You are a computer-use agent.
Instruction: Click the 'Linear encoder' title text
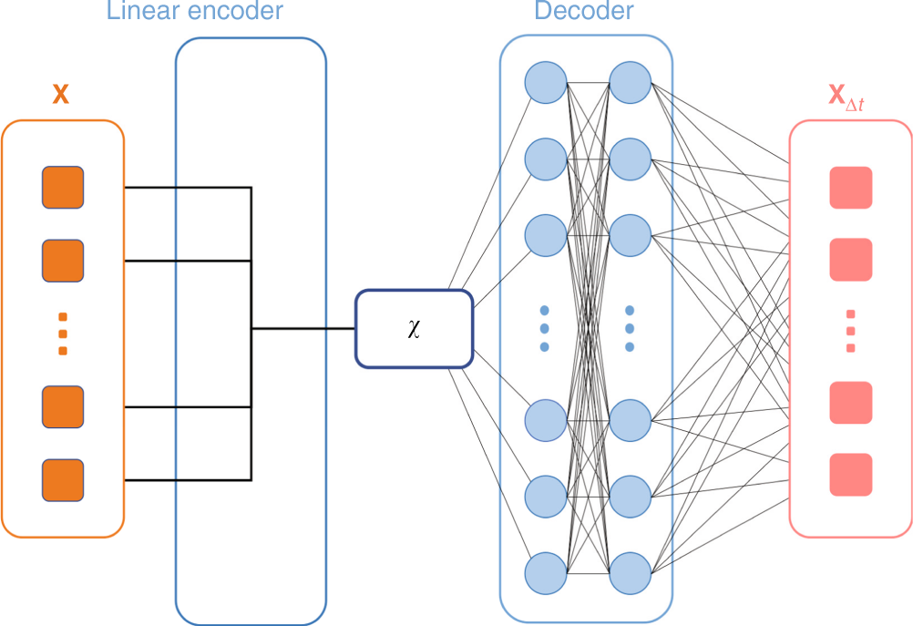[194, 11]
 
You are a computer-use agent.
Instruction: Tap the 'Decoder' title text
[584, 11]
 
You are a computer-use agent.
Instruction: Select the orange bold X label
[60, 94]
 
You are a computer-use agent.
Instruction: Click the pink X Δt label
[846, 97]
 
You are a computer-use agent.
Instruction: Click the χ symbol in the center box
[414, 328]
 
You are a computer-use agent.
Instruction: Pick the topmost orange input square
[63, 188]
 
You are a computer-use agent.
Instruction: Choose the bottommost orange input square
[63, 480]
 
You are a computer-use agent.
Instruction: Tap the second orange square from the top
[63, 261]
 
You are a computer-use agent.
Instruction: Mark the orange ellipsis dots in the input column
[63, 334]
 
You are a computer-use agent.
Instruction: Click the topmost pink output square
[851, 188]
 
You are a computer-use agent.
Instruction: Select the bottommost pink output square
[851, 475]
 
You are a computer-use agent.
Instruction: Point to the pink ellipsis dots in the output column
[851, 332]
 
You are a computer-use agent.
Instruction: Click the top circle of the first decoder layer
[546, 83]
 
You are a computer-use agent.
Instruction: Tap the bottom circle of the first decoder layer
[546, 573]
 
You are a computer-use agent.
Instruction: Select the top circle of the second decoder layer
[630, 83]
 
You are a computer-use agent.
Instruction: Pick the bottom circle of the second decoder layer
[630, 573]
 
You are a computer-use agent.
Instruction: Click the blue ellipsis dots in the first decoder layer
[544, 328]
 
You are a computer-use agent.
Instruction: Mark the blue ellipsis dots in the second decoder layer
[630, 328]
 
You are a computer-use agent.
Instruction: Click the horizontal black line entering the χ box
[303, 328]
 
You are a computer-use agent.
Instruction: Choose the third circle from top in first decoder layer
[546, 236]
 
